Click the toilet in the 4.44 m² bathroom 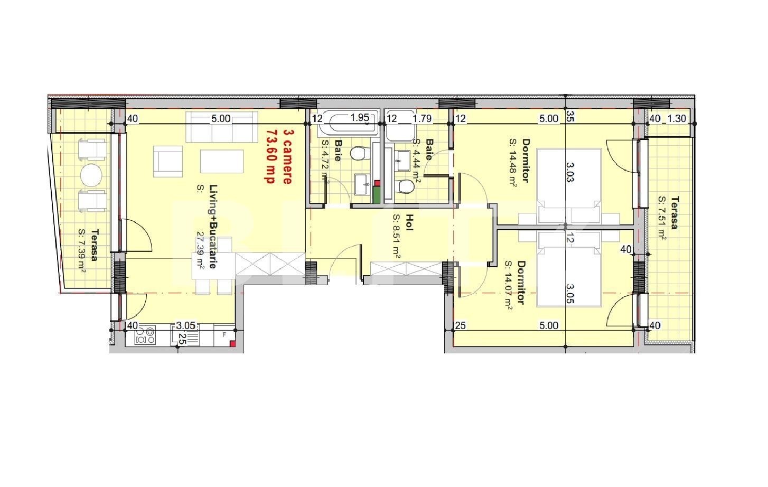coord(406,187)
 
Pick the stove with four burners coord(145,335)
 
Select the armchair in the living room coord(168,161)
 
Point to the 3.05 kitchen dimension coord(185,325)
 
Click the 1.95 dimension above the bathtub coord(360,118)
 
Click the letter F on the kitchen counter coord(224,334)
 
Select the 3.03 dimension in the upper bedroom coord(570,172)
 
